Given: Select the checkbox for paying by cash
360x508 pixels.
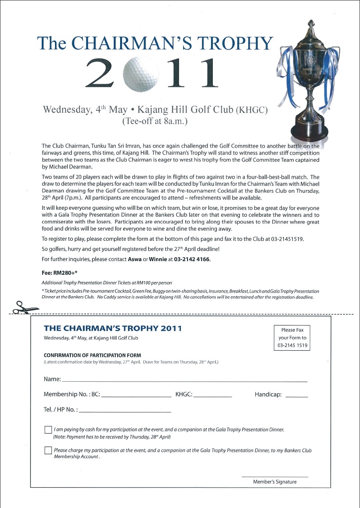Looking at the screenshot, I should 48,430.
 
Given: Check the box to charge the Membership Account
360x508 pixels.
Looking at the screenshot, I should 48,450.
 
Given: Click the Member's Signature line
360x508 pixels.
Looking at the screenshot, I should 274,477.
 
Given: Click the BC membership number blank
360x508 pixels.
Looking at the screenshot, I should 137,395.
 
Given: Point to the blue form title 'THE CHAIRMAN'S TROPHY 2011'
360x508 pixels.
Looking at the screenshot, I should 113,328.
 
